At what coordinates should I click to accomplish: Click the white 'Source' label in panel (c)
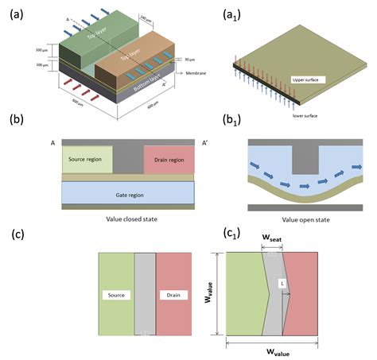(x=116, y=294)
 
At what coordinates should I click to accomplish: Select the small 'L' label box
(x=282, y=283)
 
